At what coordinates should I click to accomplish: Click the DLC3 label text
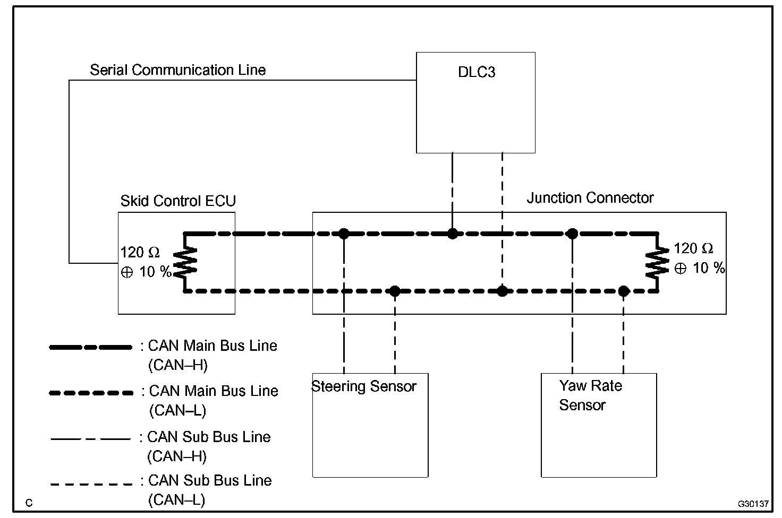point(477,72)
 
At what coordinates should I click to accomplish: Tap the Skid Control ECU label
point(178,201)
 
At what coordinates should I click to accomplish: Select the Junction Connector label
point(590,198)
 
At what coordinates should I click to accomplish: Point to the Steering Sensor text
point(364,386)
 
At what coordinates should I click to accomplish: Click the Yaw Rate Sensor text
point(590,395)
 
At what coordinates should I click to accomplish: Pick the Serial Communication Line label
point(177,70)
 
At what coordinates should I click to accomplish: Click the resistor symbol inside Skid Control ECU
point(185,262)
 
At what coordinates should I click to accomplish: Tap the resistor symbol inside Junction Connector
point(657,262)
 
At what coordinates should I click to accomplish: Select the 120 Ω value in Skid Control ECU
point(140,252)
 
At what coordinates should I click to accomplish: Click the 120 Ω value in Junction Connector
point(693,249)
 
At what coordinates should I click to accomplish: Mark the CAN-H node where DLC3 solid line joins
point(453,234)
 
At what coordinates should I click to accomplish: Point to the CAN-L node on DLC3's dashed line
point(502,291)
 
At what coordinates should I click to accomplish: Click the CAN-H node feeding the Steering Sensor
point(344,234)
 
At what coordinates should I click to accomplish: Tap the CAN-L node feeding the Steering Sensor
point(395,291)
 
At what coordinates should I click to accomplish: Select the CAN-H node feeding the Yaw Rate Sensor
point(572,234)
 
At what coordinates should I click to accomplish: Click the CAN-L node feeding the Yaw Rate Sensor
point(624,291)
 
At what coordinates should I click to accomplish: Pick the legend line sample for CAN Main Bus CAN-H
point(91,347)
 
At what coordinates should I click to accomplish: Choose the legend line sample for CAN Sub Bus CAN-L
point(91,484)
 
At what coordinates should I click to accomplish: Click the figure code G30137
point(753,504)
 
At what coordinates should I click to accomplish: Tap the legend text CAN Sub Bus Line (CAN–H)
point(209,446)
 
